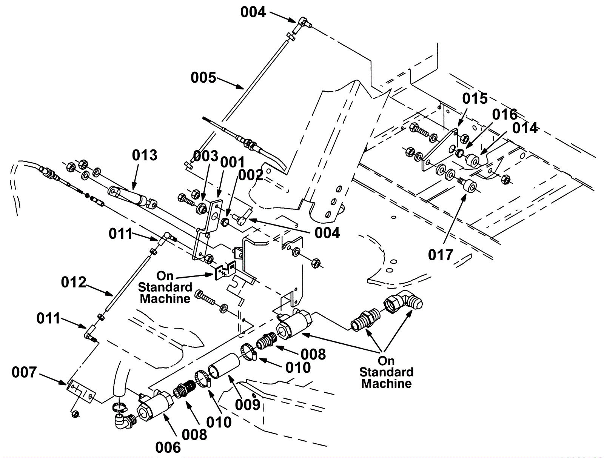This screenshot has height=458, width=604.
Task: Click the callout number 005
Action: click(203, 78)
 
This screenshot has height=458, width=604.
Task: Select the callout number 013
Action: click(145, 155)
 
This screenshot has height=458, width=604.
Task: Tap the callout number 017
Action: click(440, 255)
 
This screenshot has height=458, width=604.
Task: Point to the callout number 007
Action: click(24, 372)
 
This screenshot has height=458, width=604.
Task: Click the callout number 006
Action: click(168, 447)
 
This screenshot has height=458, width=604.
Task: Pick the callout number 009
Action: click(248, 405)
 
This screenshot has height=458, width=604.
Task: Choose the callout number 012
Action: click(74, 282)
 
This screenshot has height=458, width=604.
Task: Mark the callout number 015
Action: click(475, 99)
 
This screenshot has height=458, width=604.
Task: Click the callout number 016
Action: click(505, 114)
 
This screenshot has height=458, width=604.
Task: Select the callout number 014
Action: click(525, 128)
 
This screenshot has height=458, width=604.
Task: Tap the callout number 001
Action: click(233, 162)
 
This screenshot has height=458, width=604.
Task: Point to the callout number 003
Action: click(206, 155)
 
